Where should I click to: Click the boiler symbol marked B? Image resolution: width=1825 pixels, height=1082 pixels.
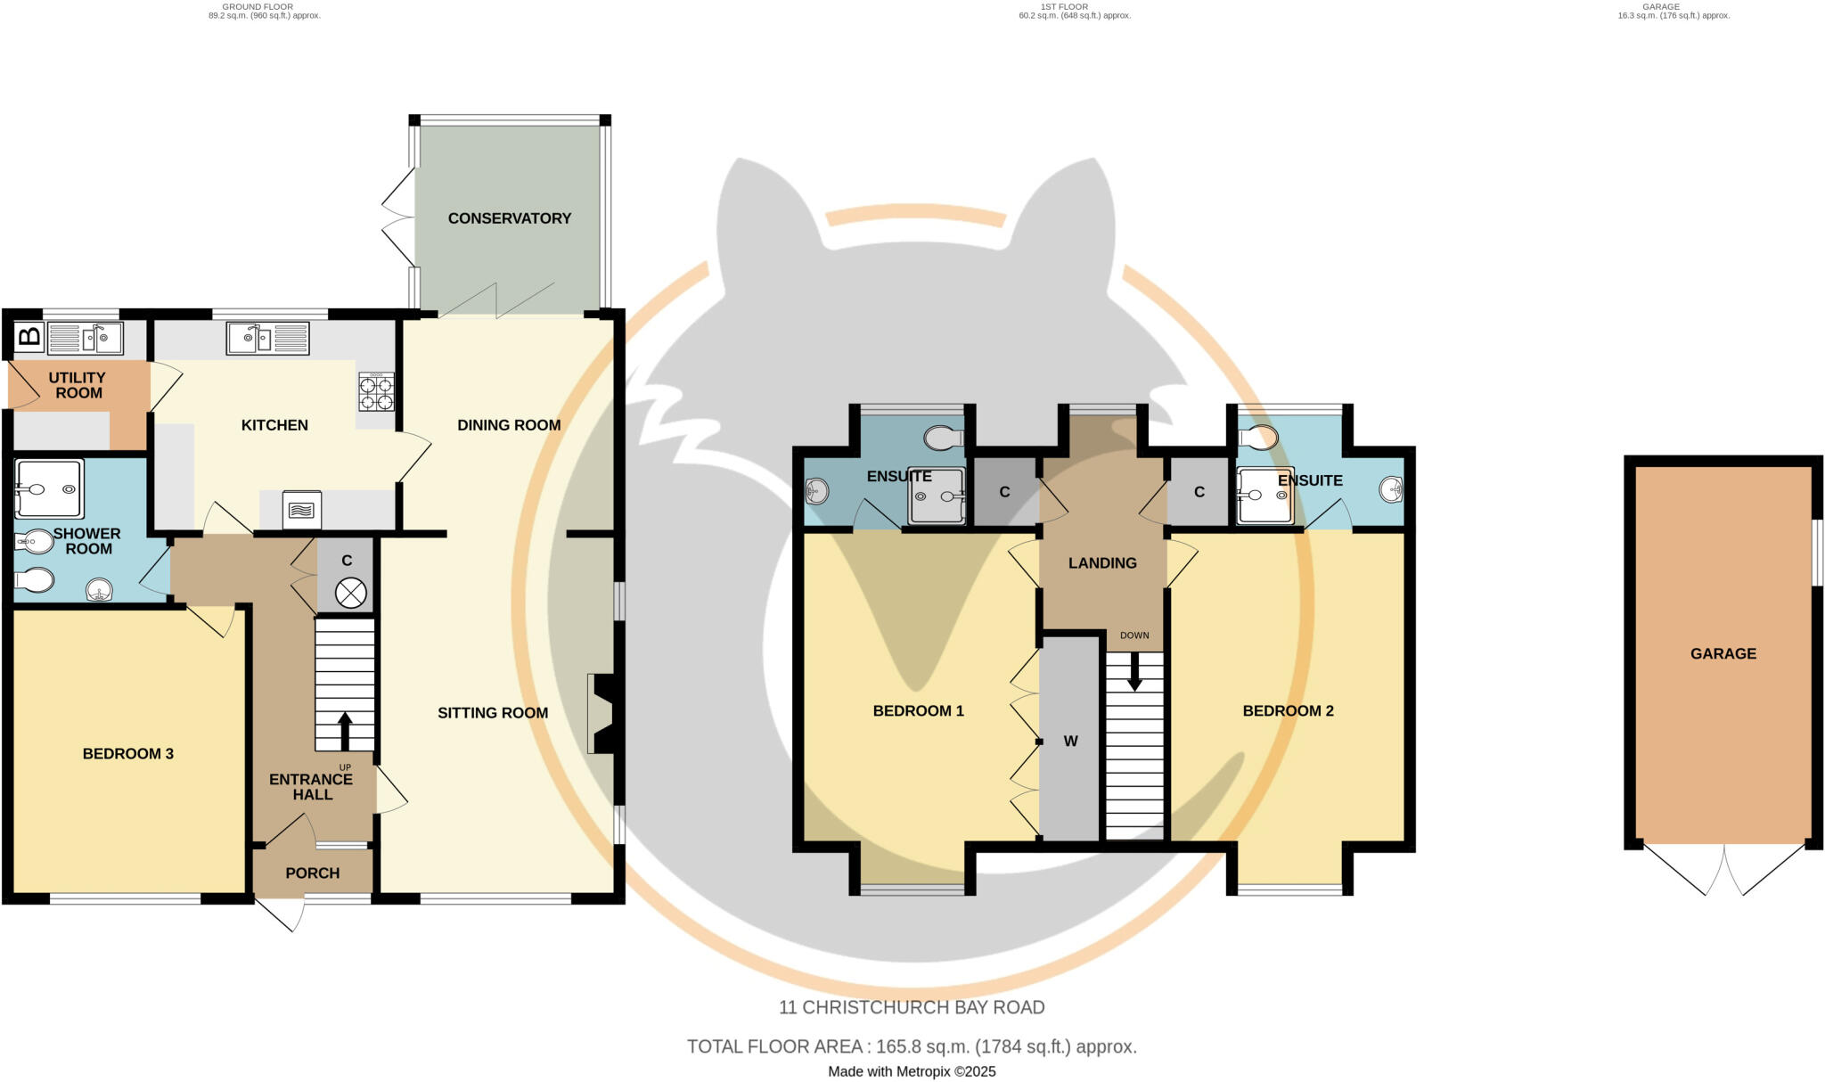click(29, 337)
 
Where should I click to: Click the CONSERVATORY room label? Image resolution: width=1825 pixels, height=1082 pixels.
click(509, 218)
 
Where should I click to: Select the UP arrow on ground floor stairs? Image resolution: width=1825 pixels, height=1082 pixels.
click(345, 730)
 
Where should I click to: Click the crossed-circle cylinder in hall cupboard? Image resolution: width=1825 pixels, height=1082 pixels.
click(350, 593)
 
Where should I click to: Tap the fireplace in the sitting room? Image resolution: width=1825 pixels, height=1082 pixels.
click(602, 714)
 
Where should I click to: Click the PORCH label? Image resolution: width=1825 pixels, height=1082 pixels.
click(312, 873)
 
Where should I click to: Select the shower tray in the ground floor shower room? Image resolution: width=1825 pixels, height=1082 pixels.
click(49, 488)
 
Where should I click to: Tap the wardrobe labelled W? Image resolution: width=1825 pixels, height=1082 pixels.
click(1070, 740)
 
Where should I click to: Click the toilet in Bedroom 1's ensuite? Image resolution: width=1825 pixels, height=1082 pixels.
click(944, 438)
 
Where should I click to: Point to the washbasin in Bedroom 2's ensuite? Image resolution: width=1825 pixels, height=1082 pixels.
click(1391, 489)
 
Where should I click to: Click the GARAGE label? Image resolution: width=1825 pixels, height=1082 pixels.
click(1723, 653)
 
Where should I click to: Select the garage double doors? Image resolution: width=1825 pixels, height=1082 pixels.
click(1723, 870)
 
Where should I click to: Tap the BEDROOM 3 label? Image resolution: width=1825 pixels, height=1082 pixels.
click(127, 754)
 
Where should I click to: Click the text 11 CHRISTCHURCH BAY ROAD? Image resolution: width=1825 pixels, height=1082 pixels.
click(912, 1007)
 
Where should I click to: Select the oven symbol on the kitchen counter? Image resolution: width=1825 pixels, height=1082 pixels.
click(302, 511)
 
